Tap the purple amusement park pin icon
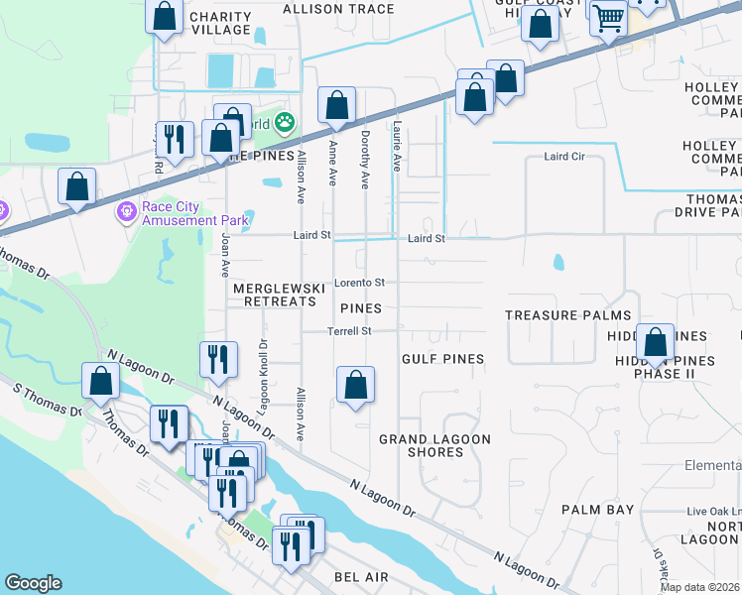(125, 212)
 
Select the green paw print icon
(286, 123)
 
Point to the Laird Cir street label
(566, 157)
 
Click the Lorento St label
(358, 282)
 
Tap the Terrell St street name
(350, 331)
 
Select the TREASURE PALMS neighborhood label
(567, 315)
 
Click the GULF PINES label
(442, 359)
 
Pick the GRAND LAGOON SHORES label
(422, 445)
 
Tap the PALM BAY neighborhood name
(597, 510)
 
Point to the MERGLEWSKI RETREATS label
(279, 295)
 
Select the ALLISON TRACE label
(338, 9)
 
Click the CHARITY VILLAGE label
(220, 23)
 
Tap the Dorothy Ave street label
(365, 160)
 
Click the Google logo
(33, 583)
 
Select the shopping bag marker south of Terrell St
(355, 385)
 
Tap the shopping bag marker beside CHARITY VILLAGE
(165, 17)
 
